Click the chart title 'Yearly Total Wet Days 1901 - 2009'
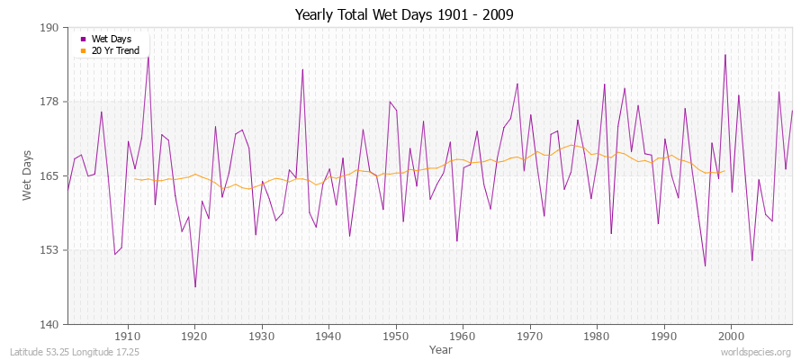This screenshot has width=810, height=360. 405,15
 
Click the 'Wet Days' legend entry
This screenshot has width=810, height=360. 112,39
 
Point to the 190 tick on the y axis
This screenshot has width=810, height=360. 49,28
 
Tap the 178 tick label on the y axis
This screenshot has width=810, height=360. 49,102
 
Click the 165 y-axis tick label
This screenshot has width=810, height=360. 49,175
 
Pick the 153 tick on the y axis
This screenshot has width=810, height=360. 49,249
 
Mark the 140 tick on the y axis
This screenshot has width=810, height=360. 49,324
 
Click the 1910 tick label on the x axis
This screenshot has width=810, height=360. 128,336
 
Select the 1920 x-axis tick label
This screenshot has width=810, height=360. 194,336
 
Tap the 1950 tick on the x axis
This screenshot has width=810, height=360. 395,336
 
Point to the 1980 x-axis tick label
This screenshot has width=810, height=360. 596,336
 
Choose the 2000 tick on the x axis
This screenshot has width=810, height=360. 730,336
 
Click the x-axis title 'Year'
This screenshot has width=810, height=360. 441,349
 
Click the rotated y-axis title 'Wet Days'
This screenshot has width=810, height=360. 27,175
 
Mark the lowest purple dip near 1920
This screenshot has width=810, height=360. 195,287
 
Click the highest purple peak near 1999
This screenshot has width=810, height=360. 724,55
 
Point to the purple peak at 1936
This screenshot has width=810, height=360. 302,69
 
